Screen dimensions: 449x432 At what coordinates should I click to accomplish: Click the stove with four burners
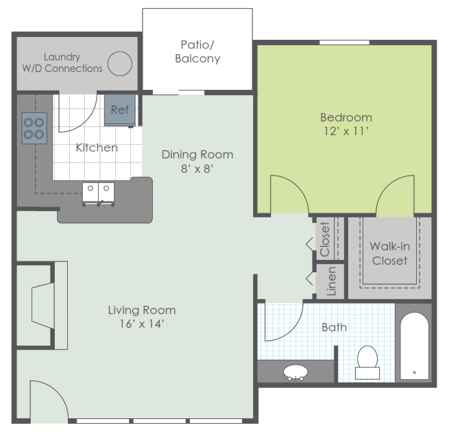[34, 128]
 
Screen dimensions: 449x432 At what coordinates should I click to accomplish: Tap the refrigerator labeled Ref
[120, 110]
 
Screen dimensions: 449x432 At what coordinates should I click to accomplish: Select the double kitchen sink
[98, 194]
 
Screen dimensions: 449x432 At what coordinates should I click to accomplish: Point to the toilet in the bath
[367, 362]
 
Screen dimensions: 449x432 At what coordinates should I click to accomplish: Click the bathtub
[414, 346]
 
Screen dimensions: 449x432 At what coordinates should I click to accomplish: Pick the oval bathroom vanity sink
[295, 372]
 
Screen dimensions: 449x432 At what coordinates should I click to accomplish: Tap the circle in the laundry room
[120, 64]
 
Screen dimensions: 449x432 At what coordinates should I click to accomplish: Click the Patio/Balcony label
[197, 51]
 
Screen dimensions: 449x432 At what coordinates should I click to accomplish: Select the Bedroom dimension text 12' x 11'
[346, 131]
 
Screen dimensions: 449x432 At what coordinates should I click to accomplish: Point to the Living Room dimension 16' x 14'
[142, 324]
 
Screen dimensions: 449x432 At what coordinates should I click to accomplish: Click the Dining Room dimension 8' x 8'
[197, 169]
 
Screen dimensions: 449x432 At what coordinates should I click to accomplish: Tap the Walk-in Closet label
[390, 254]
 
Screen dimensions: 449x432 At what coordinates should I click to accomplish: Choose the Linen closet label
[331, 281]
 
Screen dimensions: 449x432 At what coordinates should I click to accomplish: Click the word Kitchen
[97, 147]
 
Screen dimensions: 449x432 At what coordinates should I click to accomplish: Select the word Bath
[334, 327]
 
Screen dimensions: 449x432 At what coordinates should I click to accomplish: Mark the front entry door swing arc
[58, 392]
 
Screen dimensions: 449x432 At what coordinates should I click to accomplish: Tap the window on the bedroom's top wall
[345, 43]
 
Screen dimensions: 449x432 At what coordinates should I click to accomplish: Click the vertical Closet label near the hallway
[325, 239]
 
